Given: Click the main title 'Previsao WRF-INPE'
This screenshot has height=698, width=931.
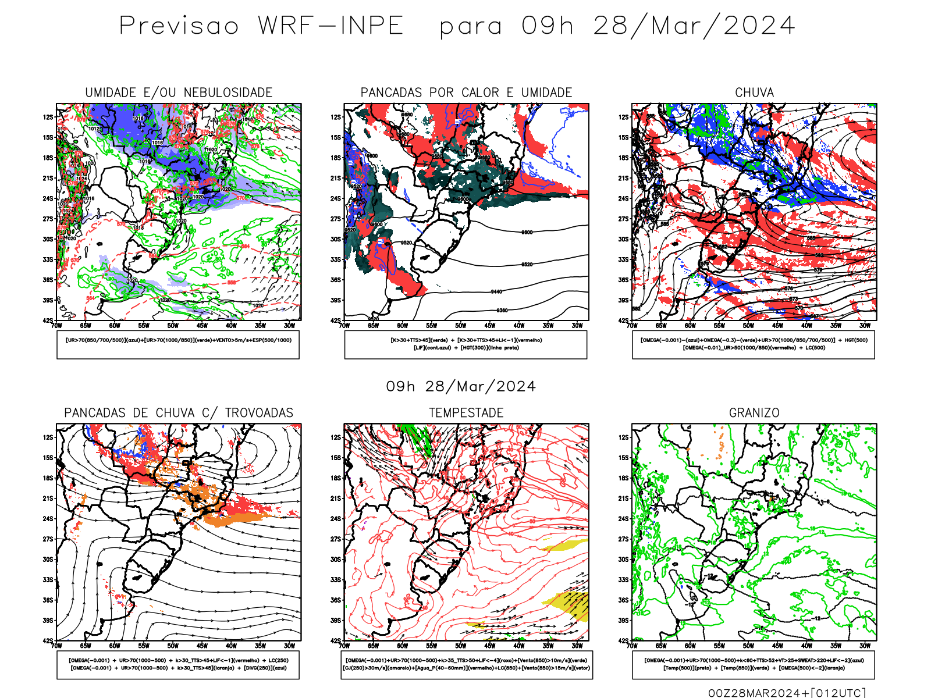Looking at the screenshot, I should (x=261, y=26).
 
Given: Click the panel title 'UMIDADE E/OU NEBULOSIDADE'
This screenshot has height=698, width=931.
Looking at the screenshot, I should (x=179, y=92).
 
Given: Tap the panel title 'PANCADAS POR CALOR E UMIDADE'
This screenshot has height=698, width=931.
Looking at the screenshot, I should (x=466, y=92).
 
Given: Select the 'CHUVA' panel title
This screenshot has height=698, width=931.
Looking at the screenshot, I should (x=754, y=92).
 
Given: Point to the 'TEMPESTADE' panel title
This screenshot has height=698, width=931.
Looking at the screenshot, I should (x=466, y=413).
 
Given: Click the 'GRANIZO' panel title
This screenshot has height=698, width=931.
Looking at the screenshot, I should (x=754, y=413).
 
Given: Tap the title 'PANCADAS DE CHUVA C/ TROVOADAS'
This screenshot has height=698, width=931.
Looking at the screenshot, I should (x=179, y=413).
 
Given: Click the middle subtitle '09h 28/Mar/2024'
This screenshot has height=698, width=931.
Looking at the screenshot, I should (x=461, y=387).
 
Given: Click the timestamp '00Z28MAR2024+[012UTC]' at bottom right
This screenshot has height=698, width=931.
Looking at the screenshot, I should (x=787, y=692).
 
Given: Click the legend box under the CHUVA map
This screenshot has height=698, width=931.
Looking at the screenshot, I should (x=754, y=344).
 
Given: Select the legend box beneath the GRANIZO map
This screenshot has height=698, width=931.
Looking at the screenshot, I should (x=754, y=664).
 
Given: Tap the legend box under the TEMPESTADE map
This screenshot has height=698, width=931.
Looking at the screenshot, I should (x=466, y=664).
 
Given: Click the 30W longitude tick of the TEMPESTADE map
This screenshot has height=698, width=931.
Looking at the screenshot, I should (x=577, y=646).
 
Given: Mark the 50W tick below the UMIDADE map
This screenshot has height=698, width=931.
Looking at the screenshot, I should (x=173, y=326).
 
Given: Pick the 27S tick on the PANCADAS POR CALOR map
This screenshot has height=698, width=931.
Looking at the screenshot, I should (x=336, y=219).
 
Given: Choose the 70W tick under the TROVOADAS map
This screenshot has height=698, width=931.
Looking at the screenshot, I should (x=56, y=646).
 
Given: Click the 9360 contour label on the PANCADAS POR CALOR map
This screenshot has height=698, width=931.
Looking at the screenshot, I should (x=502, y=311).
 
